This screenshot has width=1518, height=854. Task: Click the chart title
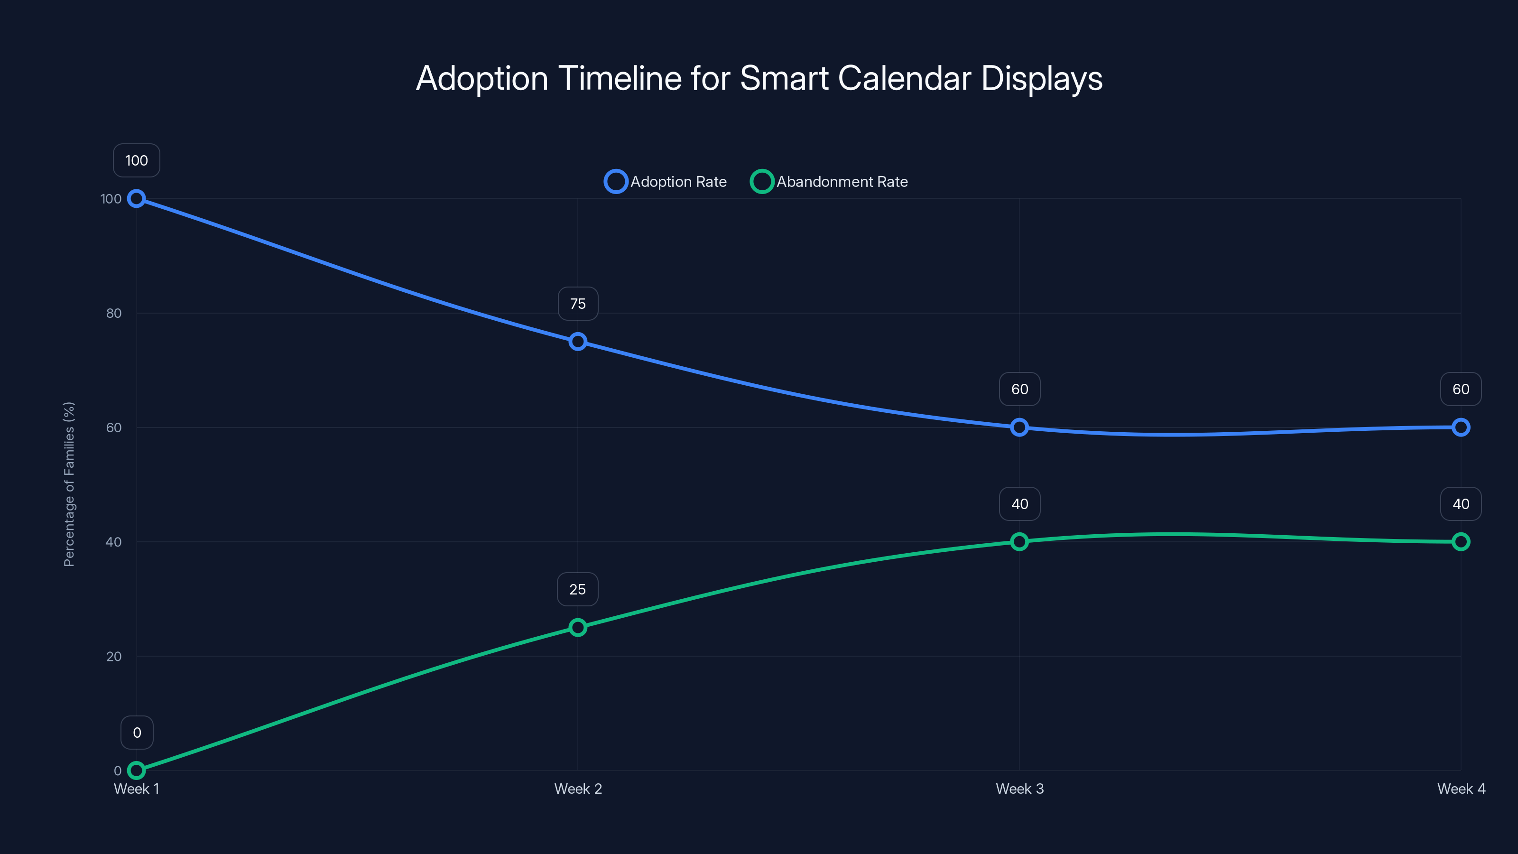coord(759,78)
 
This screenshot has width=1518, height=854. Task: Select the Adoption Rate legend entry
coord(666,182)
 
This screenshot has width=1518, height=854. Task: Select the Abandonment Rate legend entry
coord(829,182)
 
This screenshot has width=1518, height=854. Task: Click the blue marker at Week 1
coord(136,199)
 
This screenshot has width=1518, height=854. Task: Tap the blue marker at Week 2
coord(577,342)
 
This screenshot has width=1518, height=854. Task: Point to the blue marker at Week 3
coord(1019,427)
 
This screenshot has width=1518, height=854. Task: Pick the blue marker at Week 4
coord(1460,427)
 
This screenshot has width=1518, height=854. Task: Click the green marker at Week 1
coord(136,770)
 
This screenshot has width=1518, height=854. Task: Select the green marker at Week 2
coord(577,627)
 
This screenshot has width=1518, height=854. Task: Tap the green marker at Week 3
coord(1019,542)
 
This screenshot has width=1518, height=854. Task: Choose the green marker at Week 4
coord(1460,542)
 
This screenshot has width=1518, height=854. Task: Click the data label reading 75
coord(577,304)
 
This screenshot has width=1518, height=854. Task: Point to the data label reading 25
coord(577,589)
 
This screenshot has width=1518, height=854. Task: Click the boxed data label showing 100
coord(136,160)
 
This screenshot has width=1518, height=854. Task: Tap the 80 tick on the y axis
coord(114,314)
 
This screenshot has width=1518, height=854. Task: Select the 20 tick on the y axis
coord(114,657)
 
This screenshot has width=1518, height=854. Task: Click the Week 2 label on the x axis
coord(577,789)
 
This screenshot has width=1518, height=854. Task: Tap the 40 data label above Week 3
coord(1019,504)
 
